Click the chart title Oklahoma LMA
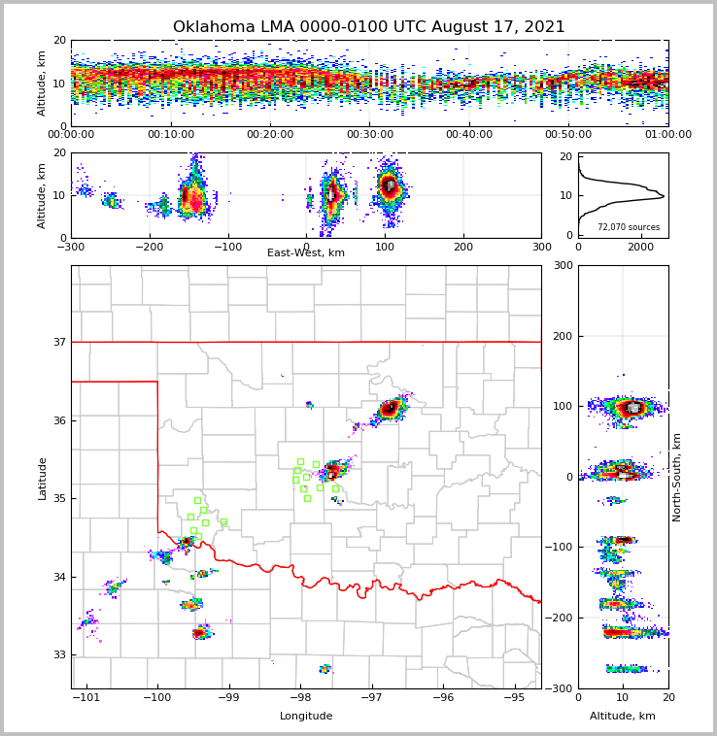[x=368, y=27]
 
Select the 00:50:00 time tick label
[x=568, y=135]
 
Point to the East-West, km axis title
[x=306, y=253]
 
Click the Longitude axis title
[x=306, y=717]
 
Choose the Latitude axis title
[x=43, y=478]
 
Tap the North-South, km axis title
[x=677, y=477]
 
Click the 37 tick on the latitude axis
[x=59, y=343]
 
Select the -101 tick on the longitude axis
[x=87, y=697]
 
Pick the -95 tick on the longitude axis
[x=515, y=697]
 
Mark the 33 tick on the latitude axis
[x=59, y=655]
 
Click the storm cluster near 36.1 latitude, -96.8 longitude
[x=390, y=409]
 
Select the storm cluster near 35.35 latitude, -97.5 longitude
[x=333, y=471]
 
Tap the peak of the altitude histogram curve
[x=664, y=197]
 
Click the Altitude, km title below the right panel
[x=623, y=717]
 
